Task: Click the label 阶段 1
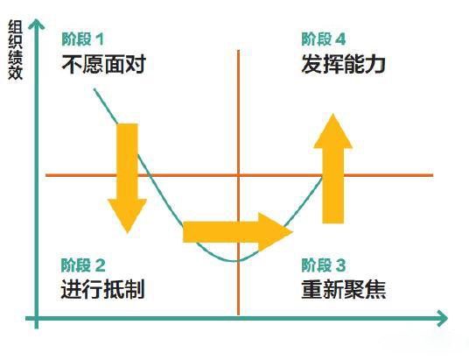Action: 83,39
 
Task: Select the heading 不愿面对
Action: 104,64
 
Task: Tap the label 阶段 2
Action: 83,265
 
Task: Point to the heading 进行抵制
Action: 103,289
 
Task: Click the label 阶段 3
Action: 324,265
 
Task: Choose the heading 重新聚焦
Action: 344,289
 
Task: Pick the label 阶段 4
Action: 324,39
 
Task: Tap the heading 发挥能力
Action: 343,64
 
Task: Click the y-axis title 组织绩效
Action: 15,50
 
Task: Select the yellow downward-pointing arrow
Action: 128,178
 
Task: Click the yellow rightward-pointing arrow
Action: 238,232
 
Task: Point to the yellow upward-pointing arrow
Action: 332,168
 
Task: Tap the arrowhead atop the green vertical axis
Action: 36,24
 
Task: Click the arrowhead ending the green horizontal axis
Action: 443,318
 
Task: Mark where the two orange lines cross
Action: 238,175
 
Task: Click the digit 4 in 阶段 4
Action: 340,39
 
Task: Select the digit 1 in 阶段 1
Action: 99,39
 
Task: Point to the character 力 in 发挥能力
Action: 375,64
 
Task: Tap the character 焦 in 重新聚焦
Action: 375,289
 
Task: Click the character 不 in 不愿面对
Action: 72,64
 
